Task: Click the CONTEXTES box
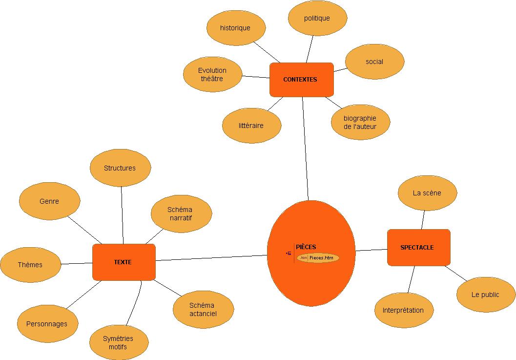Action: point(301,80)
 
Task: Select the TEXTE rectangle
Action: point(124,262)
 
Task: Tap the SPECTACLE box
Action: point(418,248)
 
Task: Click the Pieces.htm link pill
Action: point(318,257)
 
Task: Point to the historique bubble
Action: point(236,28)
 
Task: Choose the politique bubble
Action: point(317,18)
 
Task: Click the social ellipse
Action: point(374,62)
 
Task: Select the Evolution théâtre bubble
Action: point(212,74)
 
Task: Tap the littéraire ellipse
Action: point(251,126)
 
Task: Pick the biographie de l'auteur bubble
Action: point(360,122)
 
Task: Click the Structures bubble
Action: point(120,168)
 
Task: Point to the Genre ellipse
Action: point(49,201)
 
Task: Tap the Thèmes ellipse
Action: point(30,265)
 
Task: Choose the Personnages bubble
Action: point(47,324)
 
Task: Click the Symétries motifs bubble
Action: point(119,342)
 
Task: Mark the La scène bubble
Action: point(427,193)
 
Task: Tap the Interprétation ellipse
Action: point(403,310)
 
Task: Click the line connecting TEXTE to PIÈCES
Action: point(211,258)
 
